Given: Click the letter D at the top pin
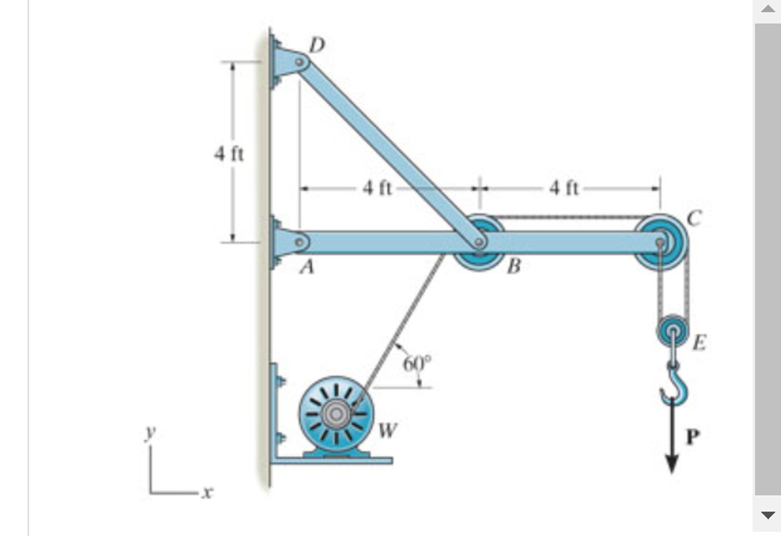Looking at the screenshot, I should [x=316, y=44].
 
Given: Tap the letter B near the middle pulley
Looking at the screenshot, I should [x=513, y=268].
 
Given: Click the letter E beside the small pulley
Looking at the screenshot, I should [x=699, y=341].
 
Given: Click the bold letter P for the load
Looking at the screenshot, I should [x=693, y=436].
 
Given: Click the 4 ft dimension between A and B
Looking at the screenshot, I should [x=378, y=188].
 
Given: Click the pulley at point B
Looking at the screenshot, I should [x=479, y=242].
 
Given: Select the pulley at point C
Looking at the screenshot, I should [x=661, y=242].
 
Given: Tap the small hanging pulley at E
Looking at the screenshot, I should [x=672, y=331].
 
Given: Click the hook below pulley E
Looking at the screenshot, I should [x=673, y=388].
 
